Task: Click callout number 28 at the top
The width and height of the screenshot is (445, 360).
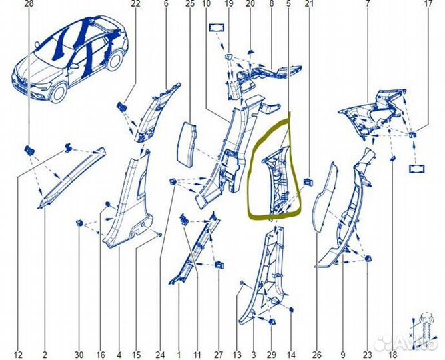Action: coord(29,4)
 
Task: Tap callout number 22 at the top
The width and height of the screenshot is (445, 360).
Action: coord(136,4)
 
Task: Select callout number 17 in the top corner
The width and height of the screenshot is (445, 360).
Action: coord(428,4)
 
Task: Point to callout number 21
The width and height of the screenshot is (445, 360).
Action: coord(309,4)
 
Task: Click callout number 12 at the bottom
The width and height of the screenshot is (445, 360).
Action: coord(18,355)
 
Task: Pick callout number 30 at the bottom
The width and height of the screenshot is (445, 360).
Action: coord(79,355)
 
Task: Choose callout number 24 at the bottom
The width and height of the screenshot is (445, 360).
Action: coord(160,355)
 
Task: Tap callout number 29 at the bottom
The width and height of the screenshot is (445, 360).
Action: coord(272,355)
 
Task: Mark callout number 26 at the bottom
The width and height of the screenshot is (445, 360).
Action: coord(317,355)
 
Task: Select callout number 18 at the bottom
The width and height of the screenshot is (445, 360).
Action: coord(393,355)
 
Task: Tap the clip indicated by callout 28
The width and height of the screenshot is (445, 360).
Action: coord(30,149)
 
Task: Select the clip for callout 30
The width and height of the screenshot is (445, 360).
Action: coord(79,223)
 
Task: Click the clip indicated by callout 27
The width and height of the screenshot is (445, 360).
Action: coord(219,265)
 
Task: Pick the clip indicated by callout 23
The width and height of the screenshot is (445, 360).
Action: coord(368,259)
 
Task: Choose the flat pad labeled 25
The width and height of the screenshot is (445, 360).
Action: coord(189,145)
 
